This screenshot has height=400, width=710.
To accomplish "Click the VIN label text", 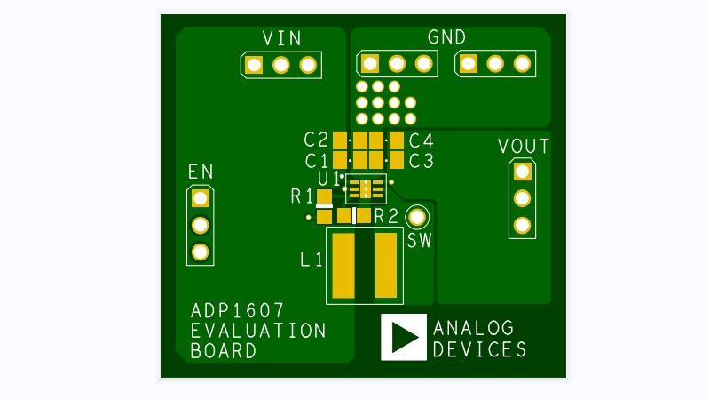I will (281, 38).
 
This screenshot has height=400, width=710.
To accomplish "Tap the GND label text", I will (446, 37).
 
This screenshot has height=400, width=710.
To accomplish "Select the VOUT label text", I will (523, 146).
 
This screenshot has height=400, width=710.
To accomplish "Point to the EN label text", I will (201, 171).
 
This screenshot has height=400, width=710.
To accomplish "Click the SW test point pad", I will (416, 216).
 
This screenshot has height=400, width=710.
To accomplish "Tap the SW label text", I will (419, 240).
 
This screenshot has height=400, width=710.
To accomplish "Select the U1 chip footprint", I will (366, 188).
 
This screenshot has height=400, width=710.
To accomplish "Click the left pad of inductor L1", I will (343, 265).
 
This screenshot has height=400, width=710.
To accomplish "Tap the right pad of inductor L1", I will (386, 265).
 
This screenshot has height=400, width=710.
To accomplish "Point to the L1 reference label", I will (311, 260).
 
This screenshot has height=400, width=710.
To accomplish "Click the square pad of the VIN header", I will (255, 65).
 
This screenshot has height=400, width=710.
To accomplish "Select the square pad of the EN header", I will (201, 197).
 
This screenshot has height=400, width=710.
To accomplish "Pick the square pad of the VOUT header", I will (522, 171).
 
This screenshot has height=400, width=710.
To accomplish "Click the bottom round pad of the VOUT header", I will (522, 225).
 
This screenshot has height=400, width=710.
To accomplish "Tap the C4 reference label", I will (421, 140).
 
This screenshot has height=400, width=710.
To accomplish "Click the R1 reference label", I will (302, 196).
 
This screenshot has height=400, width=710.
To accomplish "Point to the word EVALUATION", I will (258, 331).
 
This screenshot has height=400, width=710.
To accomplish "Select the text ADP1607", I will (237, 311).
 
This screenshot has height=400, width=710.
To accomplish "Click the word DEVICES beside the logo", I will (479, 348).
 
